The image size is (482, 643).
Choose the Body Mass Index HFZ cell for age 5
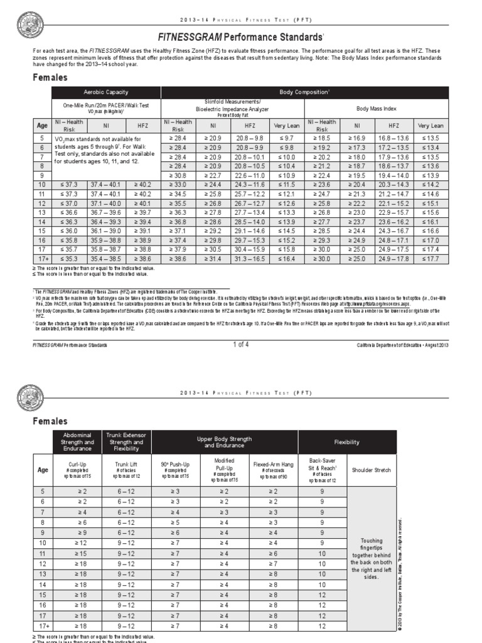tap(393, 138)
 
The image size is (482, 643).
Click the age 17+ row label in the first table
tap(42, 258)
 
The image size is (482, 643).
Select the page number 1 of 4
tap(241, 344)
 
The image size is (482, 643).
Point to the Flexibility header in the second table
tap(347, 442)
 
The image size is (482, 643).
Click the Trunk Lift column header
tap(125, 469)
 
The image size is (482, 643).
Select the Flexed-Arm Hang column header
tap(273, 469)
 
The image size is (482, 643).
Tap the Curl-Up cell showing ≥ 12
tap(83, 543)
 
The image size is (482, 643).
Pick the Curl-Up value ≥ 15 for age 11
tap(83, 553)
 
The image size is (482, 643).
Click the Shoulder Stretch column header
tap(372, 469)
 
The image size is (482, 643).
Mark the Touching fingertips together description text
tap(373, 559)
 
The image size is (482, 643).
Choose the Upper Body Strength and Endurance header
tap(224, 442)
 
